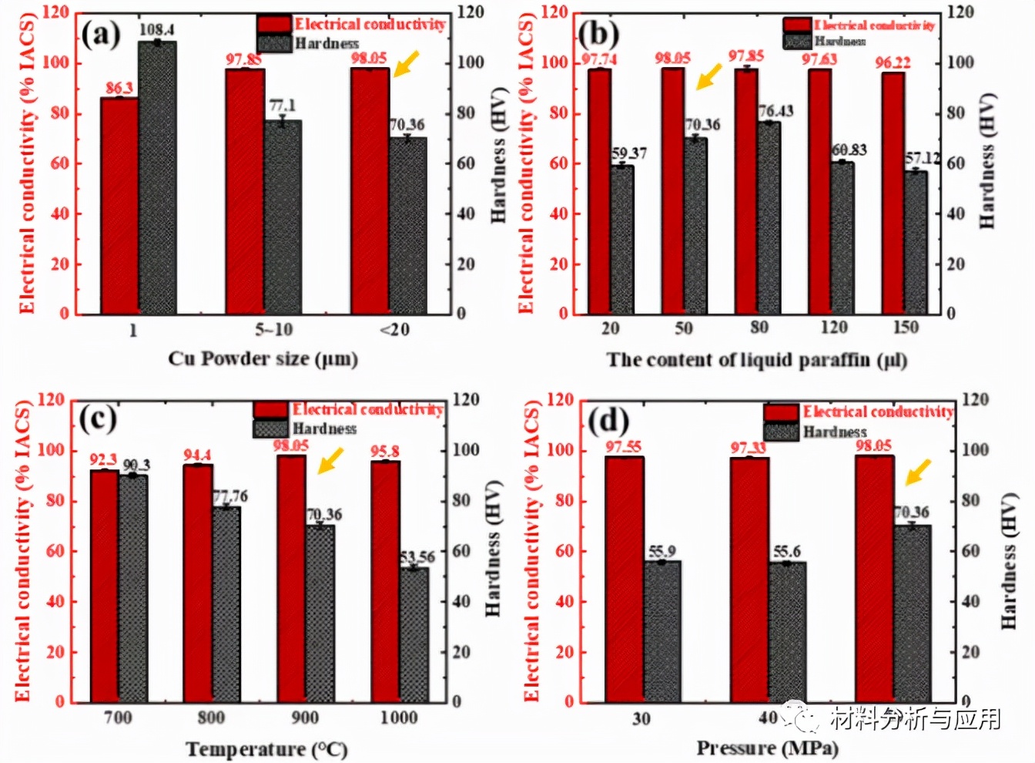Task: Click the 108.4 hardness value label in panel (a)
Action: point(156,30)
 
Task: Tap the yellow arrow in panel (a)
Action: point(407,63)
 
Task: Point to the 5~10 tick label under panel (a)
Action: point(274,330)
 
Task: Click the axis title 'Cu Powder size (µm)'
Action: point(263,358)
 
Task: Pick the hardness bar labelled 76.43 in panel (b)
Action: point(769,217)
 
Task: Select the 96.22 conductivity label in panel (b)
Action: point(893,62)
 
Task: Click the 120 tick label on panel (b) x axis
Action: point(833,328)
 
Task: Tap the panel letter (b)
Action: point(598,34)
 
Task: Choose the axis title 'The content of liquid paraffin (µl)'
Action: point(757,360)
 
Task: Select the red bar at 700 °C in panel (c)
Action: point(104,586)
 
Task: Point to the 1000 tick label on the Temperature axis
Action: point(398,718)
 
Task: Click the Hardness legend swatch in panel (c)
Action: point(270,429)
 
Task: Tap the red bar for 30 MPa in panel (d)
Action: point(624,579)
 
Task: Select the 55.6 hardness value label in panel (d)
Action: point(787,552)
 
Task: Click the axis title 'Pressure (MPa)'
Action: point(767,748)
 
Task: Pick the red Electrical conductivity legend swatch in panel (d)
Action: point(781,412)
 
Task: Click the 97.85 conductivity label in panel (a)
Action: point(243,59)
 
